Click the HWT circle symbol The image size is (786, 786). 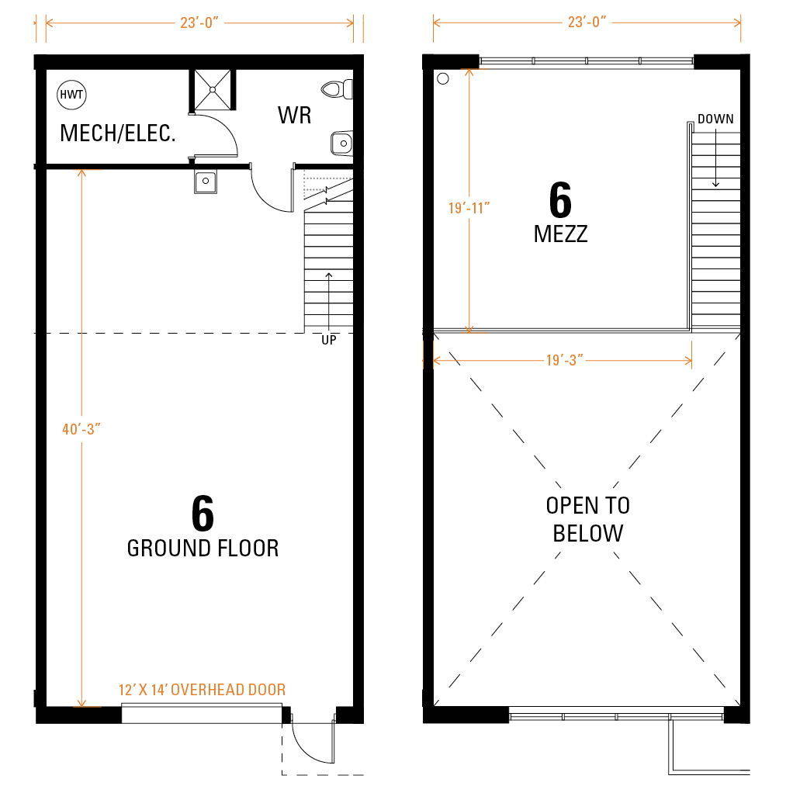71,95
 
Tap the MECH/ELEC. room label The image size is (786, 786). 118,133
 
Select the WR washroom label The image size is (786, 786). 295,115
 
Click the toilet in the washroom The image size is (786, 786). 337,90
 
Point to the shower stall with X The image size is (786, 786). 213,90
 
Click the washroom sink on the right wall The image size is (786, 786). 342,144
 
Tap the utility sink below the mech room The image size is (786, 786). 206,181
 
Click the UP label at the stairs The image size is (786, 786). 329,340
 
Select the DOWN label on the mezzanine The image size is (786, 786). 716,119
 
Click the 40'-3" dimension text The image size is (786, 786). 81,429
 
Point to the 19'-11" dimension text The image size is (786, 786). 469,208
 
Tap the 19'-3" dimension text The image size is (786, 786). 564,360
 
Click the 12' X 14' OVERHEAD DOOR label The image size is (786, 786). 202,690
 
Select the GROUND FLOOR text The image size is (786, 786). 203,549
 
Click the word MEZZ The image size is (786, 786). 560,234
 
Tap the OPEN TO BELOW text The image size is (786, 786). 588,519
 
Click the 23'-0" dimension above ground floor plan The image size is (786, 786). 199,23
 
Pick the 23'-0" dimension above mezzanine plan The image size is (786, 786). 587,22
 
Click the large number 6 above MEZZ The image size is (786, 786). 560,199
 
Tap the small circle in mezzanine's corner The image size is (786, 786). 443,78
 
